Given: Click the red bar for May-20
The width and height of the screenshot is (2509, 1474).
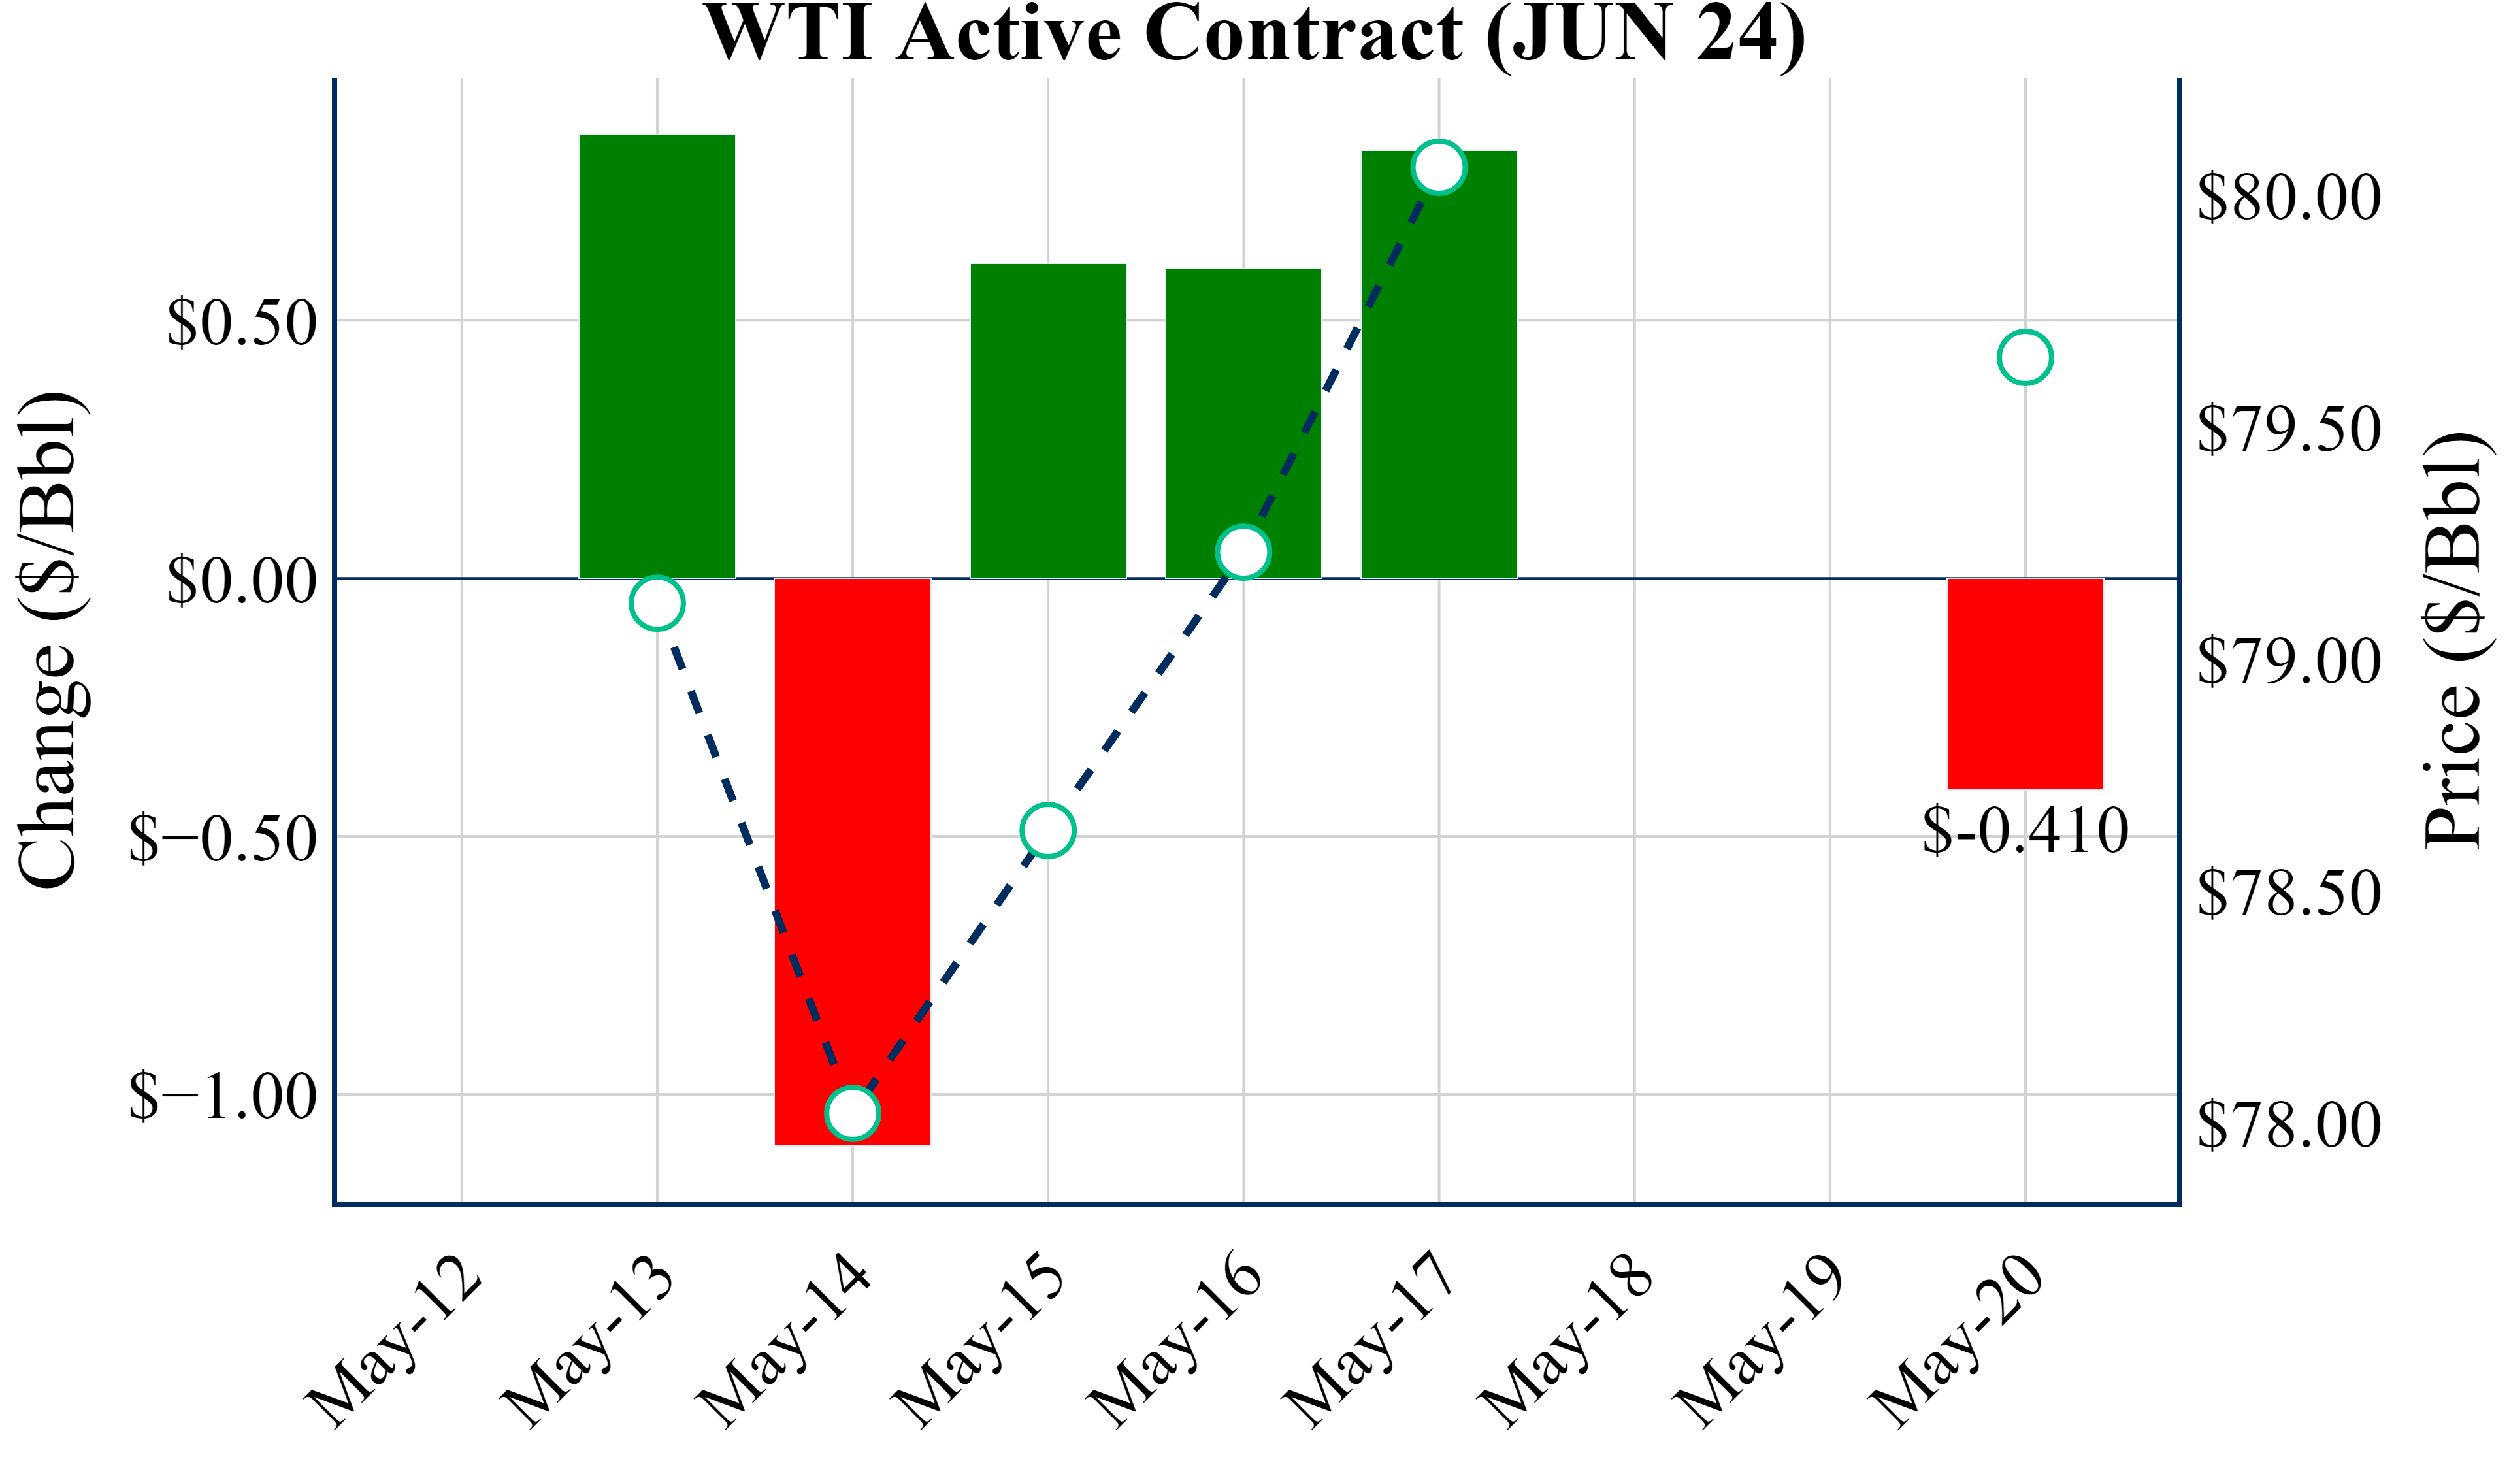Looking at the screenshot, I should coord(2025,683).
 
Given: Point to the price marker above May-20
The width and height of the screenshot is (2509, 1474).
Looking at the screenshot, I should coord(2025,357).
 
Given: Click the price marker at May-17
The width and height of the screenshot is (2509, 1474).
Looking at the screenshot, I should coord(1439,167).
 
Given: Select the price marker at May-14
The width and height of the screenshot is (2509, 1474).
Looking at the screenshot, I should coord(852,1113).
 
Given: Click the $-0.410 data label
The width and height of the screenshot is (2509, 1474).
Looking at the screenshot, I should coord(2025,830).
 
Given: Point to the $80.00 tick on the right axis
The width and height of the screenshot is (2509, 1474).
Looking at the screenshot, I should coord(2288,197).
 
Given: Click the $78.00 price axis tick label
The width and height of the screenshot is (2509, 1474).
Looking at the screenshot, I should coord(2288,1124).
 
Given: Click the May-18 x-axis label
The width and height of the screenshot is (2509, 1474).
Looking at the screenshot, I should coord(1568,1345).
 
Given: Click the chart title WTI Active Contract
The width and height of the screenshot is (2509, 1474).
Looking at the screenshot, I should coord(1254,34).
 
